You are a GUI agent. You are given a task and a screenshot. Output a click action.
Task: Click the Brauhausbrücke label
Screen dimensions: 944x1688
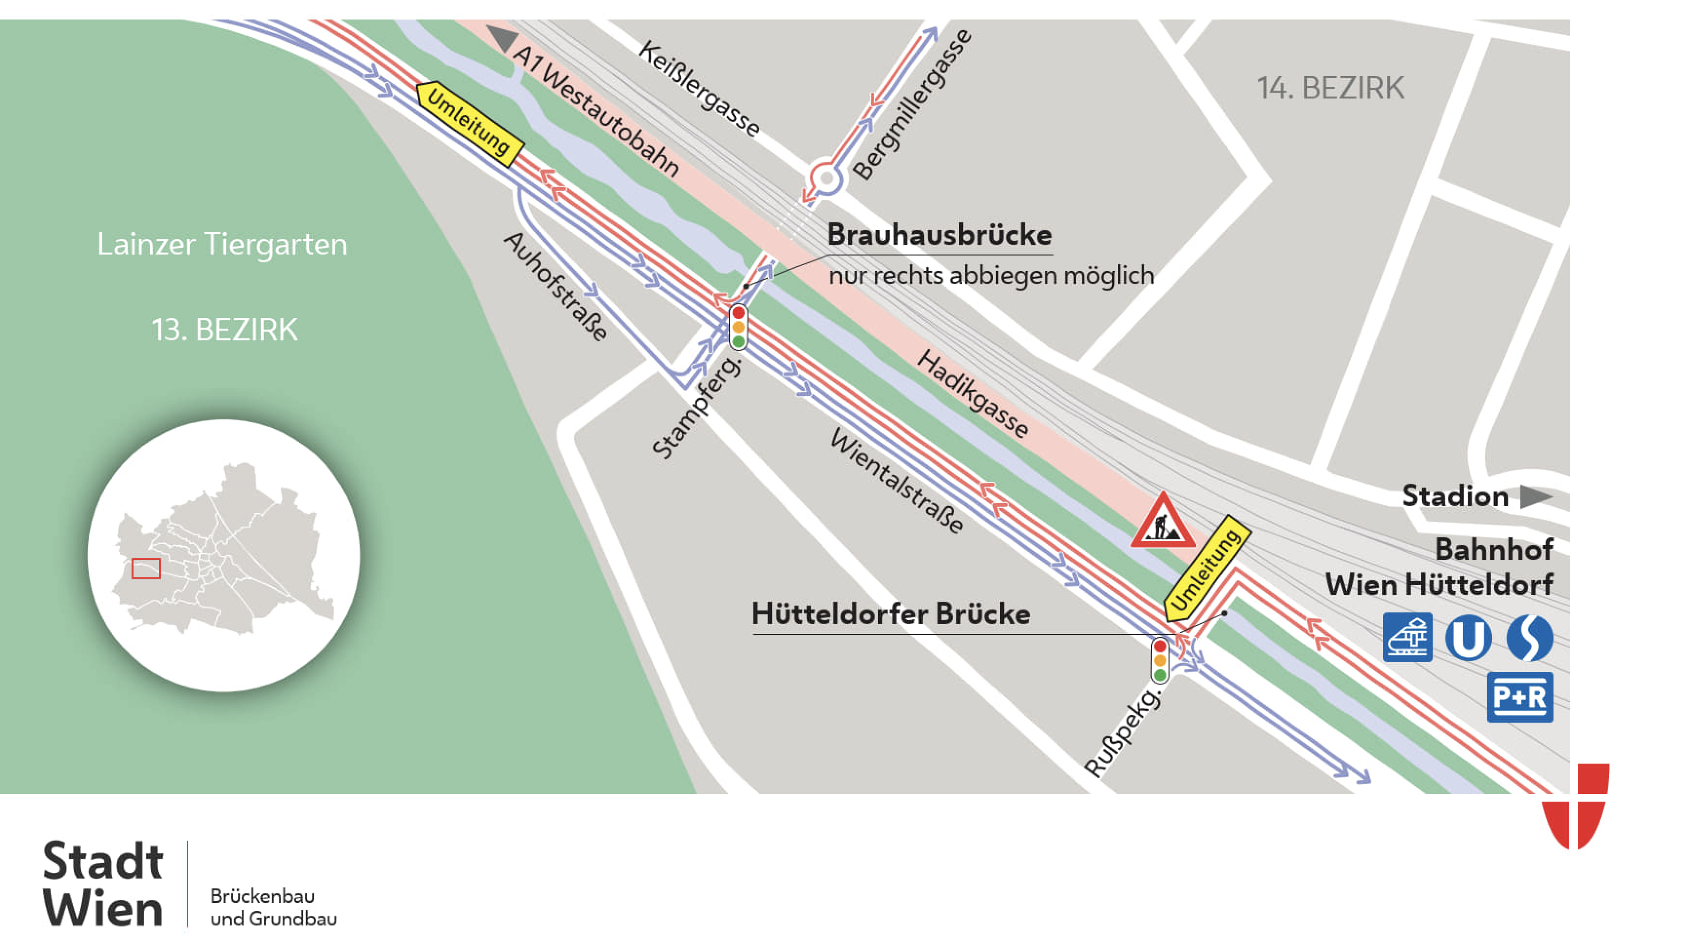pyautogui.click(x=939, y=235)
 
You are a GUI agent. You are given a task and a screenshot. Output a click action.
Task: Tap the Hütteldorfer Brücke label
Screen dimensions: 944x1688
pyautogui.click(x=890, y=614)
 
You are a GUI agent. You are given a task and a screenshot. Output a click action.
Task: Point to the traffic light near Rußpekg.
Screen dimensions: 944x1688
pyautogui.click(x=1160, y=660)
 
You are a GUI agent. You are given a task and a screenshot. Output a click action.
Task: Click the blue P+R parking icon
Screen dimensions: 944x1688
pyautogui.click(x=1519, y=697)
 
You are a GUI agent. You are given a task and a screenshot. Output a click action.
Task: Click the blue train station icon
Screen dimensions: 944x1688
pyautogui.click(x=1407, y=637)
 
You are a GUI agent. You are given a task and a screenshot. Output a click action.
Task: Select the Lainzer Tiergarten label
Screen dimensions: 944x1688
pyautogui.click(x=222, y=244)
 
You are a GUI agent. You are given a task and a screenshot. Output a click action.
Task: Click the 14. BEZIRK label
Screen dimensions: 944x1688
pyautogui.click(x=1330, y=88)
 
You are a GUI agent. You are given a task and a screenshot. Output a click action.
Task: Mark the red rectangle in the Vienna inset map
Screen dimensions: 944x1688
pyautogui.click(x=146, y=569)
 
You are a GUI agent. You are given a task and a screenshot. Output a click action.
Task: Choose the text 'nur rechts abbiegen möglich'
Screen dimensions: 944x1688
pyautogui.click(x=991, y=275)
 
